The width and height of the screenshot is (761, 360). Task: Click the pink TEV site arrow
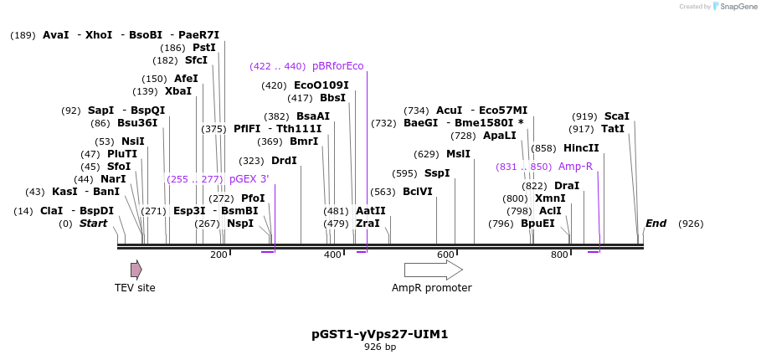[136, 270]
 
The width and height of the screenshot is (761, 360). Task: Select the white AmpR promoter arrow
[433, 270]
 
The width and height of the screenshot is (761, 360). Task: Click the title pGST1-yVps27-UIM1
[380, 334]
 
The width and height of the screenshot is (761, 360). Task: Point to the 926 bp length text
[380, 347]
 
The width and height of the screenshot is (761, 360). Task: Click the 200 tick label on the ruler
[219, 255]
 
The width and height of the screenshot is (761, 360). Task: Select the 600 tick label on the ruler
[445, 255]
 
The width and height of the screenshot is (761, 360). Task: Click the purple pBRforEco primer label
[338, 66]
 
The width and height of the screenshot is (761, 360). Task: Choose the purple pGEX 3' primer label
[249, 179]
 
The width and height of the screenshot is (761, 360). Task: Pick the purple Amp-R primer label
[575, 167]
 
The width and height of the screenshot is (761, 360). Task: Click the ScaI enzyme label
[616, 116]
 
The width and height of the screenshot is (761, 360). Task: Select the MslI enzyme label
[458, 154]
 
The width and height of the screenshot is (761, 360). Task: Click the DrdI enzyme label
[284, 161]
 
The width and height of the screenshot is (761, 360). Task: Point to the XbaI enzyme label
[177, 91]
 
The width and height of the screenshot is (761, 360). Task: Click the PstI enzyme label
[204, 48]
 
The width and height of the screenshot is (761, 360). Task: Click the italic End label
[656, 224]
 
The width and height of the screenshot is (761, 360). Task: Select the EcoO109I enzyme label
[321, 85]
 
